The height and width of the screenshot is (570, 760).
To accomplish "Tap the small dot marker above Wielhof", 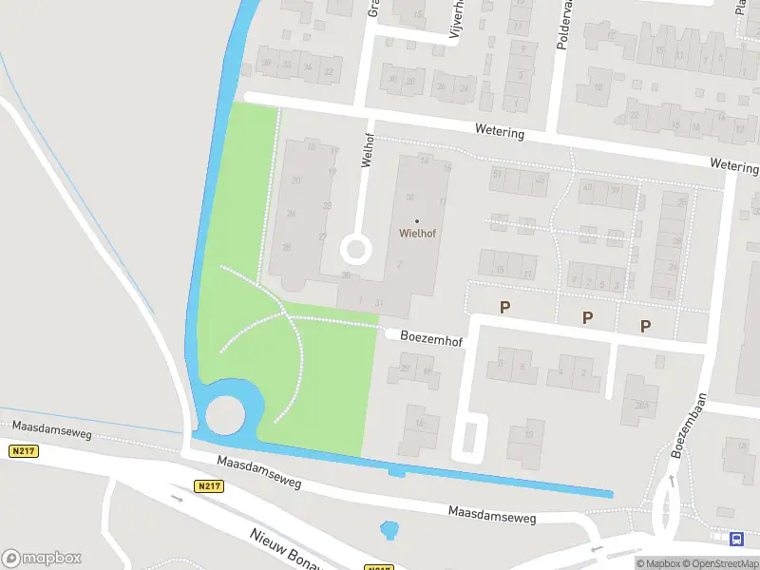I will point(417,221).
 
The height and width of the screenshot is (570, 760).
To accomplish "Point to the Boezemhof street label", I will point(430,336).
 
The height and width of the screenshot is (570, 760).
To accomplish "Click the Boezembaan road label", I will point(689,427).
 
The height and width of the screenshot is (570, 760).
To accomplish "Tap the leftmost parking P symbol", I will point(505,307).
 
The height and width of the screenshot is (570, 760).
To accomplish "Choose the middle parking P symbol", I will point(587,317).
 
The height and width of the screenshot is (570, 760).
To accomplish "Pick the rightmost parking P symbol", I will point(645,326).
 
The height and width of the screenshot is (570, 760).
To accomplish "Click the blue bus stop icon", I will point(736,540).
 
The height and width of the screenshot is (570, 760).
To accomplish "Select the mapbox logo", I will point(42,559).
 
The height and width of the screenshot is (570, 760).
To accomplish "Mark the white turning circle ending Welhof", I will point(355,250).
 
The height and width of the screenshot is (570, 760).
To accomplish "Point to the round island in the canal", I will point(225,414).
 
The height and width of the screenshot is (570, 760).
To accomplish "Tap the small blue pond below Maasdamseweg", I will point(388,529).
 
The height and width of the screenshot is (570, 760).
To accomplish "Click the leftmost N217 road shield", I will point(25,451).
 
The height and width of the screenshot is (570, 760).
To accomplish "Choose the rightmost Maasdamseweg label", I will point(493,515).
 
